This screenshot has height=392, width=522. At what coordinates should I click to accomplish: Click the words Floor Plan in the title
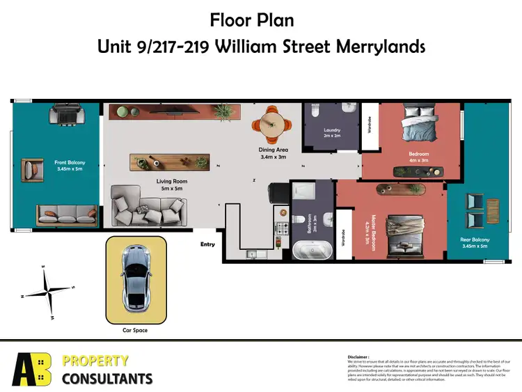(261, 21)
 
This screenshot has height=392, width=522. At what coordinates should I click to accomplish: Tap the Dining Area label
(274, 153)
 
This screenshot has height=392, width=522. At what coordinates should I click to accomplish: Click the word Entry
(207, 244)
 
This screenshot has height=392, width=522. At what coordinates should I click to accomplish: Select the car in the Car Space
(135, 279)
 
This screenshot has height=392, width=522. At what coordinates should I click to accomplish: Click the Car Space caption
(135, 330)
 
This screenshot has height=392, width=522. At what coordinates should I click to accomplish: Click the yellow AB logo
(31, 369)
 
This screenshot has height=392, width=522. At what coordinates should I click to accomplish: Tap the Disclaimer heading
(360, 356)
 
